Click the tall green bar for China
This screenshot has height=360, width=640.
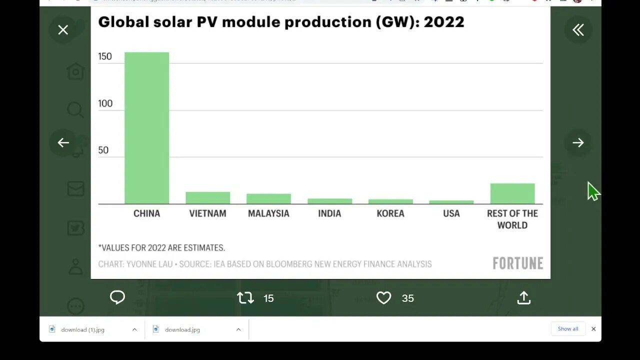pos(146,128)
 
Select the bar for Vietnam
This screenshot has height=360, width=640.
pos(207,198)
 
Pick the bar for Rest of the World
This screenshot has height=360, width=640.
pos(512,193)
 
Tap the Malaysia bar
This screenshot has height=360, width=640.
pos(268,199)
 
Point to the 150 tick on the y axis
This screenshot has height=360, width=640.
pos(105,56)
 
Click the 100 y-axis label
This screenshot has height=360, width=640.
pos(105,103)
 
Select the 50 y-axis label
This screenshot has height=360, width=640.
pos(103,150)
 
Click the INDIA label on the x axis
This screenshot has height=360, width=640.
pos(329,213)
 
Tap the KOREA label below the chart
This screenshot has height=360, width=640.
pos(390,213)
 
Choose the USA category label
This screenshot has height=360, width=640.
pos(451,213)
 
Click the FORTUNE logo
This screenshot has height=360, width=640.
pos(517,263)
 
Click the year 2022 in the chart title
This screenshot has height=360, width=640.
pos(443,22)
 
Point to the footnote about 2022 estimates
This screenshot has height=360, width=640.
pos(161,248)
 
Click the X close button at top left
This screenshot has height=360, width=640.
pos(63,30)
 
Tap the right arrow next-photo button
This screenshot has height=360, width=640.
pos(578,143)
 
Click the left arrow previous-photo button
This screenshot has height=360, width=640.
pos(63,143)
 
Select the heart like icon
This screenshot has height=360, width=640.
pos(383,298)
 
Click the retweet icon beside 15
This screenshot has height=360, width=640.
pos(245,298)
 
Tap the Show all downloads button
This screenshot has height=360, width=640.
pos(567,329)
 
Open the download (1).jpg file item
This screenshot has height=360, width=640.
pos(82,330)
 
